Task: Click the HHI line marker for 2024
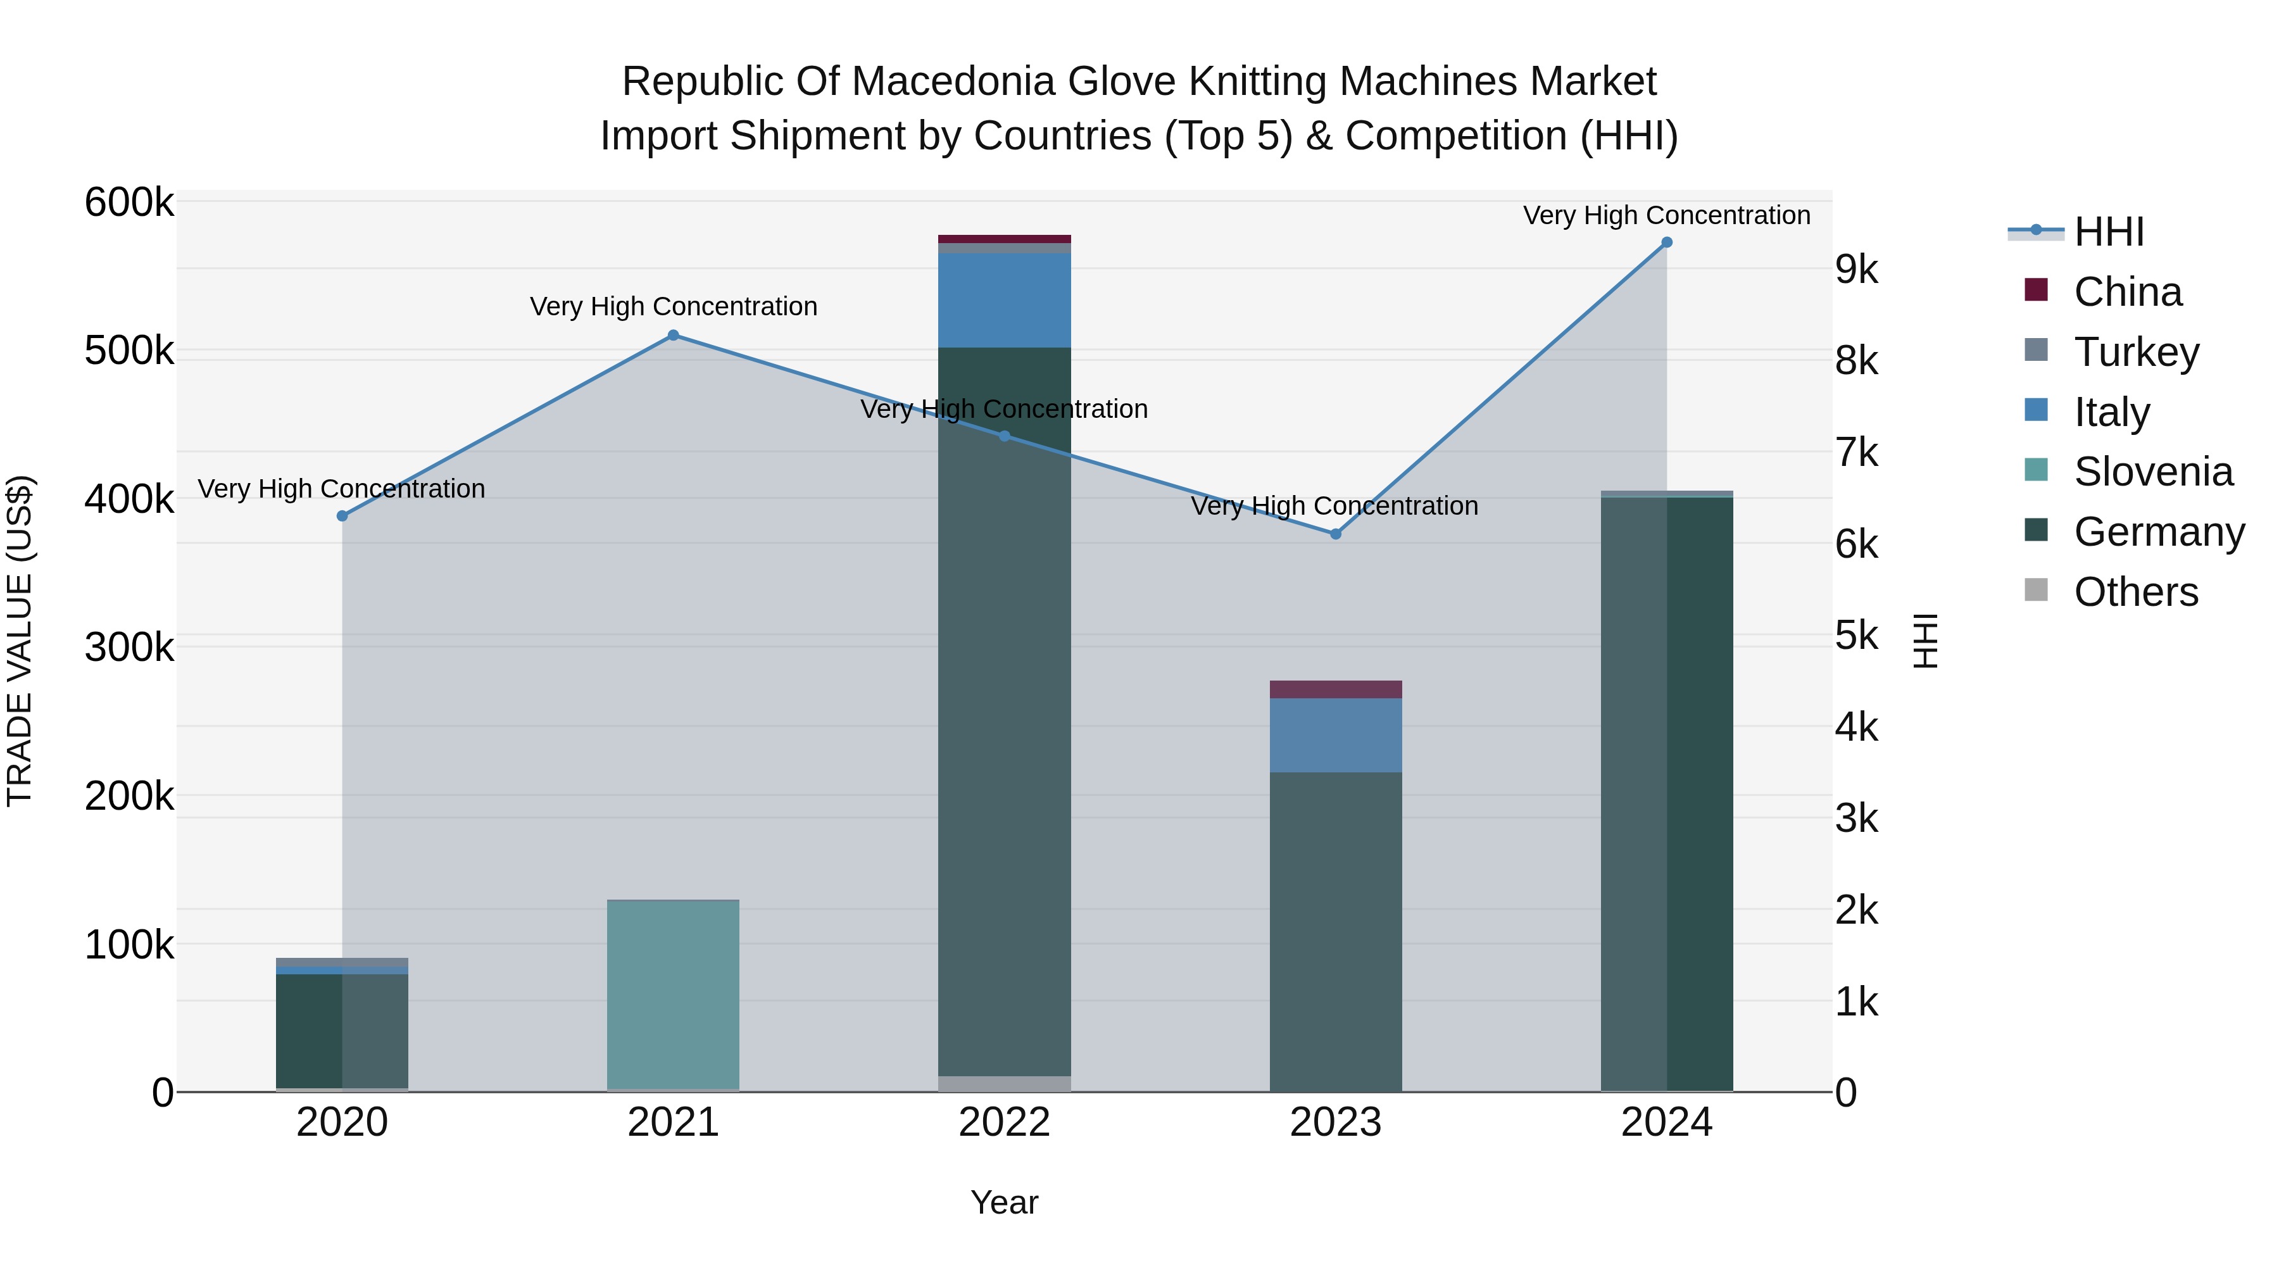coord(1666,242)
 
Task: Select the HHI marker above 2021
coord(674,336)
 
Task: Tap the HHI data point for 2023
coord(1335,534)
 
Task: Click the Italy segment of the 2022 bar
coord(1004,300)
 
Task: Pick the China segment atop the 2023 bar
coord(1335,689)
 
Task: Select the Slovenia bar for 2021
coord(674,995)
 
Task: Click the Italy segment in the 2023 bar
coord(1335,735)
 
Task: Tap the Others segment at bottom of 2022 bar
coord(1004,1084)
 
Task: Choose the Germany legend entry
coord(2158,532)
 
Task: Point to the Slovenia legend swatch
coord(2036,470)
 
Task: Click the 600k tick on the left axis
coord(129,203)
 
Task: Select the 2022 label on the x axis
coord(1004,1122)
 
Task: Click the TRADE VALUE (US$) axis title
coord(20,641)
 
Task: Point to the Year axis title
coord(1004,1202)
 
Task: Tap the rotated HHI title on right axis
coord(1924,641)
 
